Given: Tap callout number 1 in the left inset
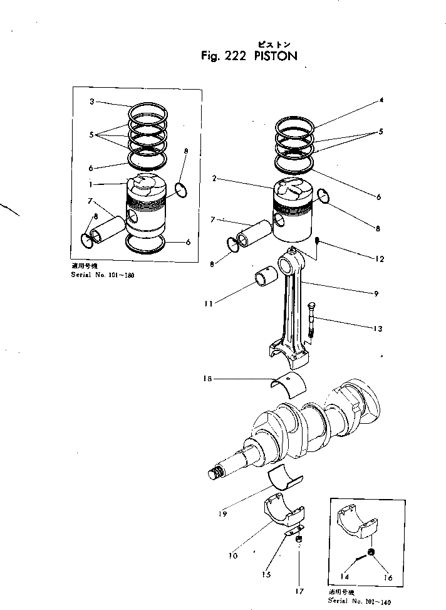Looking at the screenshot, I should (91, 185).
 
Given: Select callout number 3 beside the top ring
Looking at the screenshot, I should (91, 102).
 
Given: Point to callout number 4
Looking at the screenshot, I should (381, 100).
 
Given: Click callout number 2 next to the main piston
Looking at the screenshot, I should (214, 179).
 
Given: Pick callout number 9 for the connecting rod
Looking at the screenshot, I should (375, 293).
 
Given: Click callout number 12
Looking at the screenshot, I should (380, 259).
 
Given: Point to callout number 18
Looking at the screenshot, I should (207, 378).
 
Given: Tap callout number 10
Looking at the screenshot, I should (232, 555).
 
